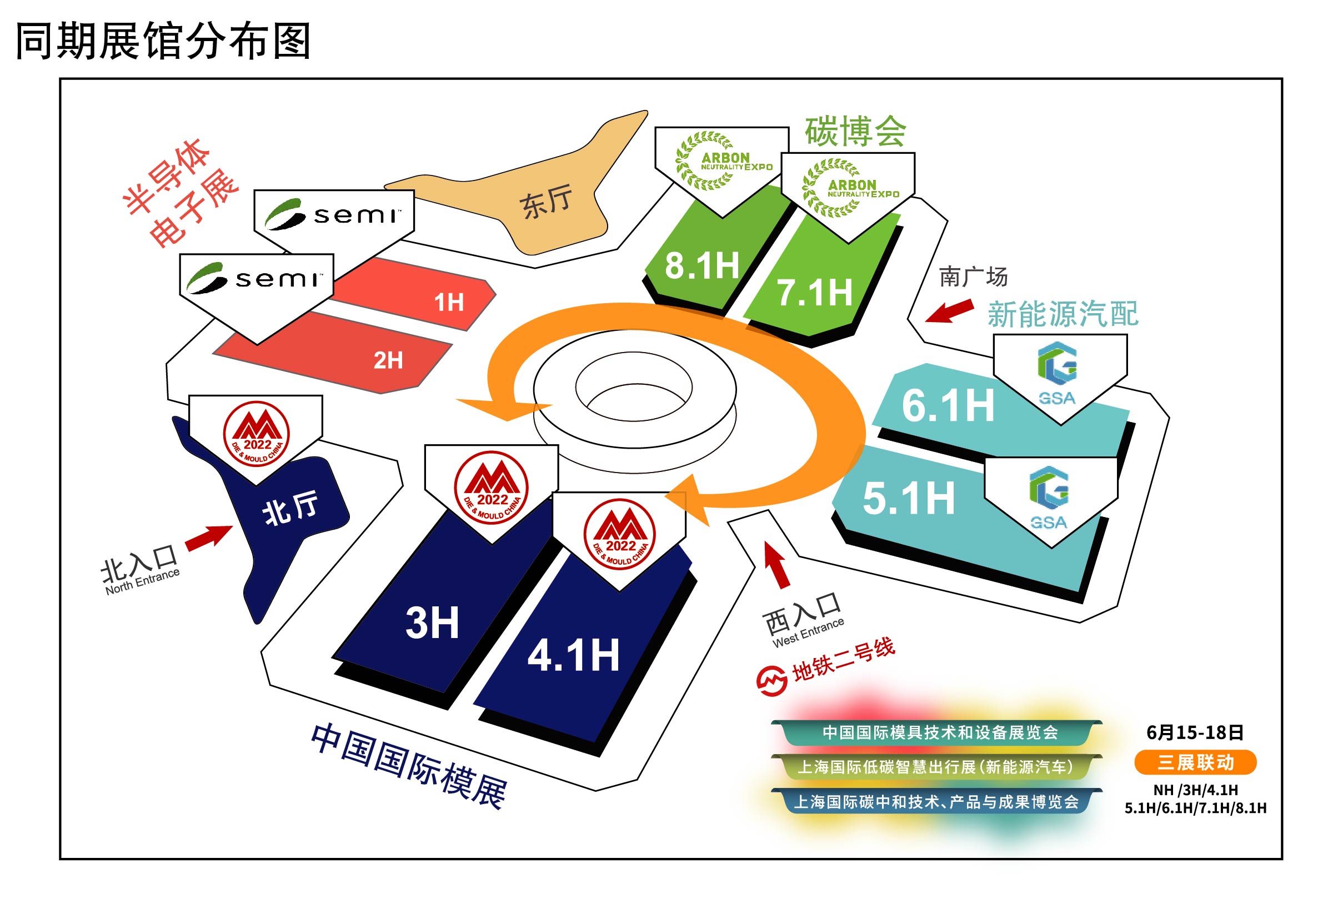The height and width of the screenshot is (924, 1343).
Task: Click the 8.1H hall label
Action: [x=701, y=267]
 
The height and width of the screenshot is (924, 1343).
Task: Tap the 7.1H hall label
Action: [x=814, y=293]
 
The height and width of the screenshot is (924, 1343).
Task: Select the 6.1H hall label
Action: [x=948, y=405]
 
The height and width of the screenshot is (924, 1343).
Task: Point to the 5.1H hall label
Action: [x=908, y=498]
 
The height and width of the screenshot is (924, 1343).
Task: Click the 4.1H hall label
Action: [x=573, y=655]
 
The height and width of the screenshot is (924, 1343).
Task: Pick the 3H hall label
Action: [x=432, y=623]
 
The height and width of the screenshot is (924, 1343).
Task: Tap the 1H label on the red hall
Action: [x=449, y=302]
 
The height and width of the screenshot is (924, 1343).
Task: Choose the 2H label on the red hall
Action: [x=388, y=360]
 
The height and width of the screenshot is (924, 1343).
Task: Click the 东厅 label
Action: [x=545, y=202]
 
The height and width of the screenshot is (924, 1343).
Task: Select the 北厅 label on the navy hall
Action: [x=290, y=507]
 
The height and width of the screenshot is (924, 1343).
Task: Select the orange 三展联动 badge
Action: [x=1195, y=762]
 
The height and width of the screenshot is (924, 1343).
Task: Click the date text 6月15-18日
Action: [x=1195, y=733]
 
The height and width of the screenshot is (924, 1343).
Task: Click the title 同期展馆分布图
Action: [x=163, y=41]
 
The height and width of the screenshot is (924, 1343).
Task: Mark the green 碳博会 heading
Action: [x=855, y=132]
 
